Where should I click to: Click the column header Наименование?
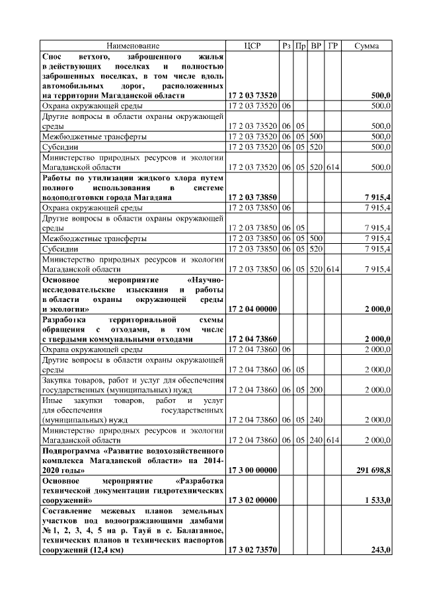coord(133,46)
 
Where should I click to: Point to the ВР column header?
coord(316,46)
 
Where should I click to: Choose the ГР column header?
coord(332,46)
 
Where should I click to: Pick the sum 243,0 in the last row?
coord(381,550)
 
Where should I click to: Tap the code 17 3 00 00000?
coord(252,470)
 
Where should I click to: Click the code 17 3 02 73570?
coord(252,550)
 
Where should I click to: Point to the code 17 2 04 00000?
coord(252,309)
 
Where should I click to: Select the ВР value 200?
coord(316,389)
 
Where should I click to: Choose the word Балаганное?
coord(198,530)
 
